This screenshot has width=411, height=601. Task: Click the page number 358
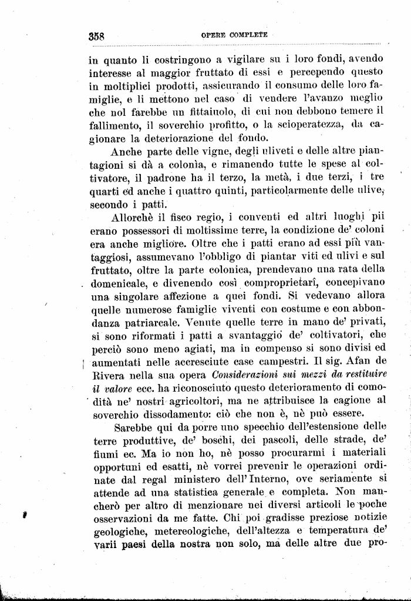point(96,35)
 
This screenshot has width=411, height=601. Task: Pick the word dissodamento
point(168,415)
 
